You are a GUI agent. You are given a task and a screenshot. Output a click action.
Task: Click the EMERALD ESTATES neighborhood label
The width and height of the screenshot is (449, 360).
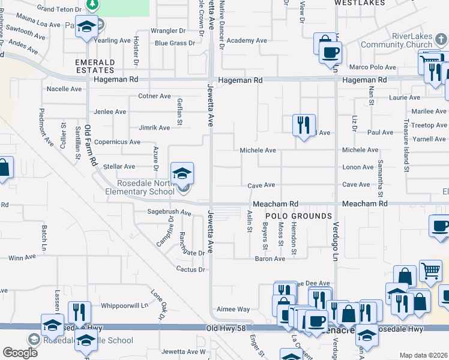click(x=95, y=66)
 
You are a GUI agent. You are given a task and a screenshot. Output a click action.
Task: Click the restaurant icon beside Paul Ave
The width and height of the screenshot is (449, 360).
click(x=304, y=125)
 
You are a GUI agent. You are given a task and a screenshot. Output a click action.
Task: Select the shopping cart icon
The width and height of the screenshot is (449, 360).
click(x=430, y=271)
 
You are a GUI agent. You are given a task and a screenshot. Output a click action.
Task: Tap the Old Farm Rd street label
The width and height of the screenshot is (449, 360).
click(x=90, y=145)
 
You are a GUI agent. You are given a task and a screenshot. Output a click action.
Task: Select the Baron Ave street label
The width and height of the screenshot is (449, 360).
click(x=270, y=259)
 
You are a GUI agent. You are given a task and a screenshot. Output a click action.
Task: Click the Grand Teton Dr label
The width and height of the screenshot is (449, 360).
click(x=59, y=8)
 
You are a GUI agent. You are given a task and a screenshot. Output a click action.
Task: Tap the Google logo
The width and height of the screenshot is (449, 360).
click(x=20, y=353)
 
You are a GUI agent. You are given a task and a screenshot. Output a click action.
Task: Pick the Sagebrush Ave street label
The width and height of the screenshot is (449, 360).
click(x=169, y=212)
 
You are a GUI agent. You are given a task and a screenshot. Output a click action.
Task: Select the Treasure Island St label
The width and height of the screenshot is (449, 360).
click(x=406, y=150)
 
